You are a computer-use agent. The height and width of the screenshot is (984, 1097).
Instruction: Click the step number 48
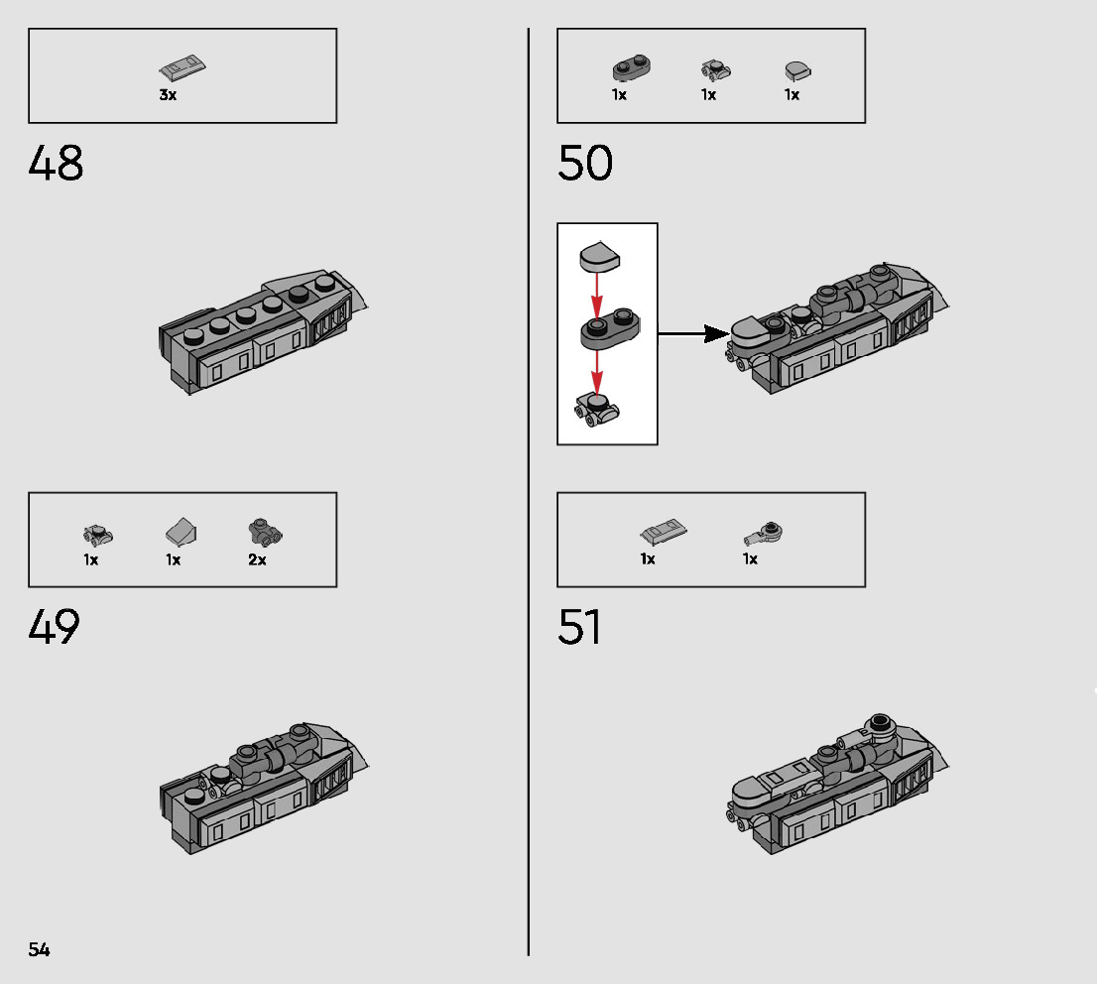click(x=56, y=164)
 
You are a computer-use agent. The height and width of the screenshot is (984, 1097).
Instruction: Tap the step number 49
click(x=56, y=627)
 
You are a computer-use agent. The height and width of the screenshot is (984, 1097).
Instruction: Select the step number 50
click(x=585, y=164)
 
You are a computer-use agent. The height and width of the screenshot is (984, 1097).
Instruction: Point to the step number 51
click(x=580, y=627)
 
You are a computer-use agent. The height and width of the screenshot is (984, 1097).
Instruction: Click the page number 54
click(x=39, y=949)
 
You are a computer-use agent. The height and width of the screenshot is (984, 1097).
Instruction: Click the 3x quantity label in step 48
click(x=168, y=95)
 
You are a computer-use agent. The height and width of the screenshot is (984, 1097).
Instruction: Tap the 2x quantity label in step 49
click(x=257, y=559)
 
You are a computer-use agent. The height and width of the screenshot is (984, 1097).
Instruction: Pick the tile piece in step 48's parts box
click(x=183, y=69)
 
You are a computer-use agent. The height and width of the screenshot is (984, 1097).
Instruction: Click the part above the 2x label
click(x=265, y=533)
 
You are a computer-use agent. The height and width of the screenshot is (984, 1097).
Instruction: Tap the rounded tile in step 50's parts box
click(x=796, y=70)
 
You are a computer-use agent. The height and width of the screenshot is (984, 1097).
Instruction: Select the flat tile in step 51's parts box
click(x=663, y=533)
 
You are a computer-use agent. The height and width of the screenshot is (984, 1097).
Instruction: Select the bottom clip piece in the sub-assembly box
click(x=596, y=409)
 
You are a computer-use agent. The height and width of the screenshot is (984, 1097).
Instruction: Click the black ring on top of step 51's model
click(x=879, y=722)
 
